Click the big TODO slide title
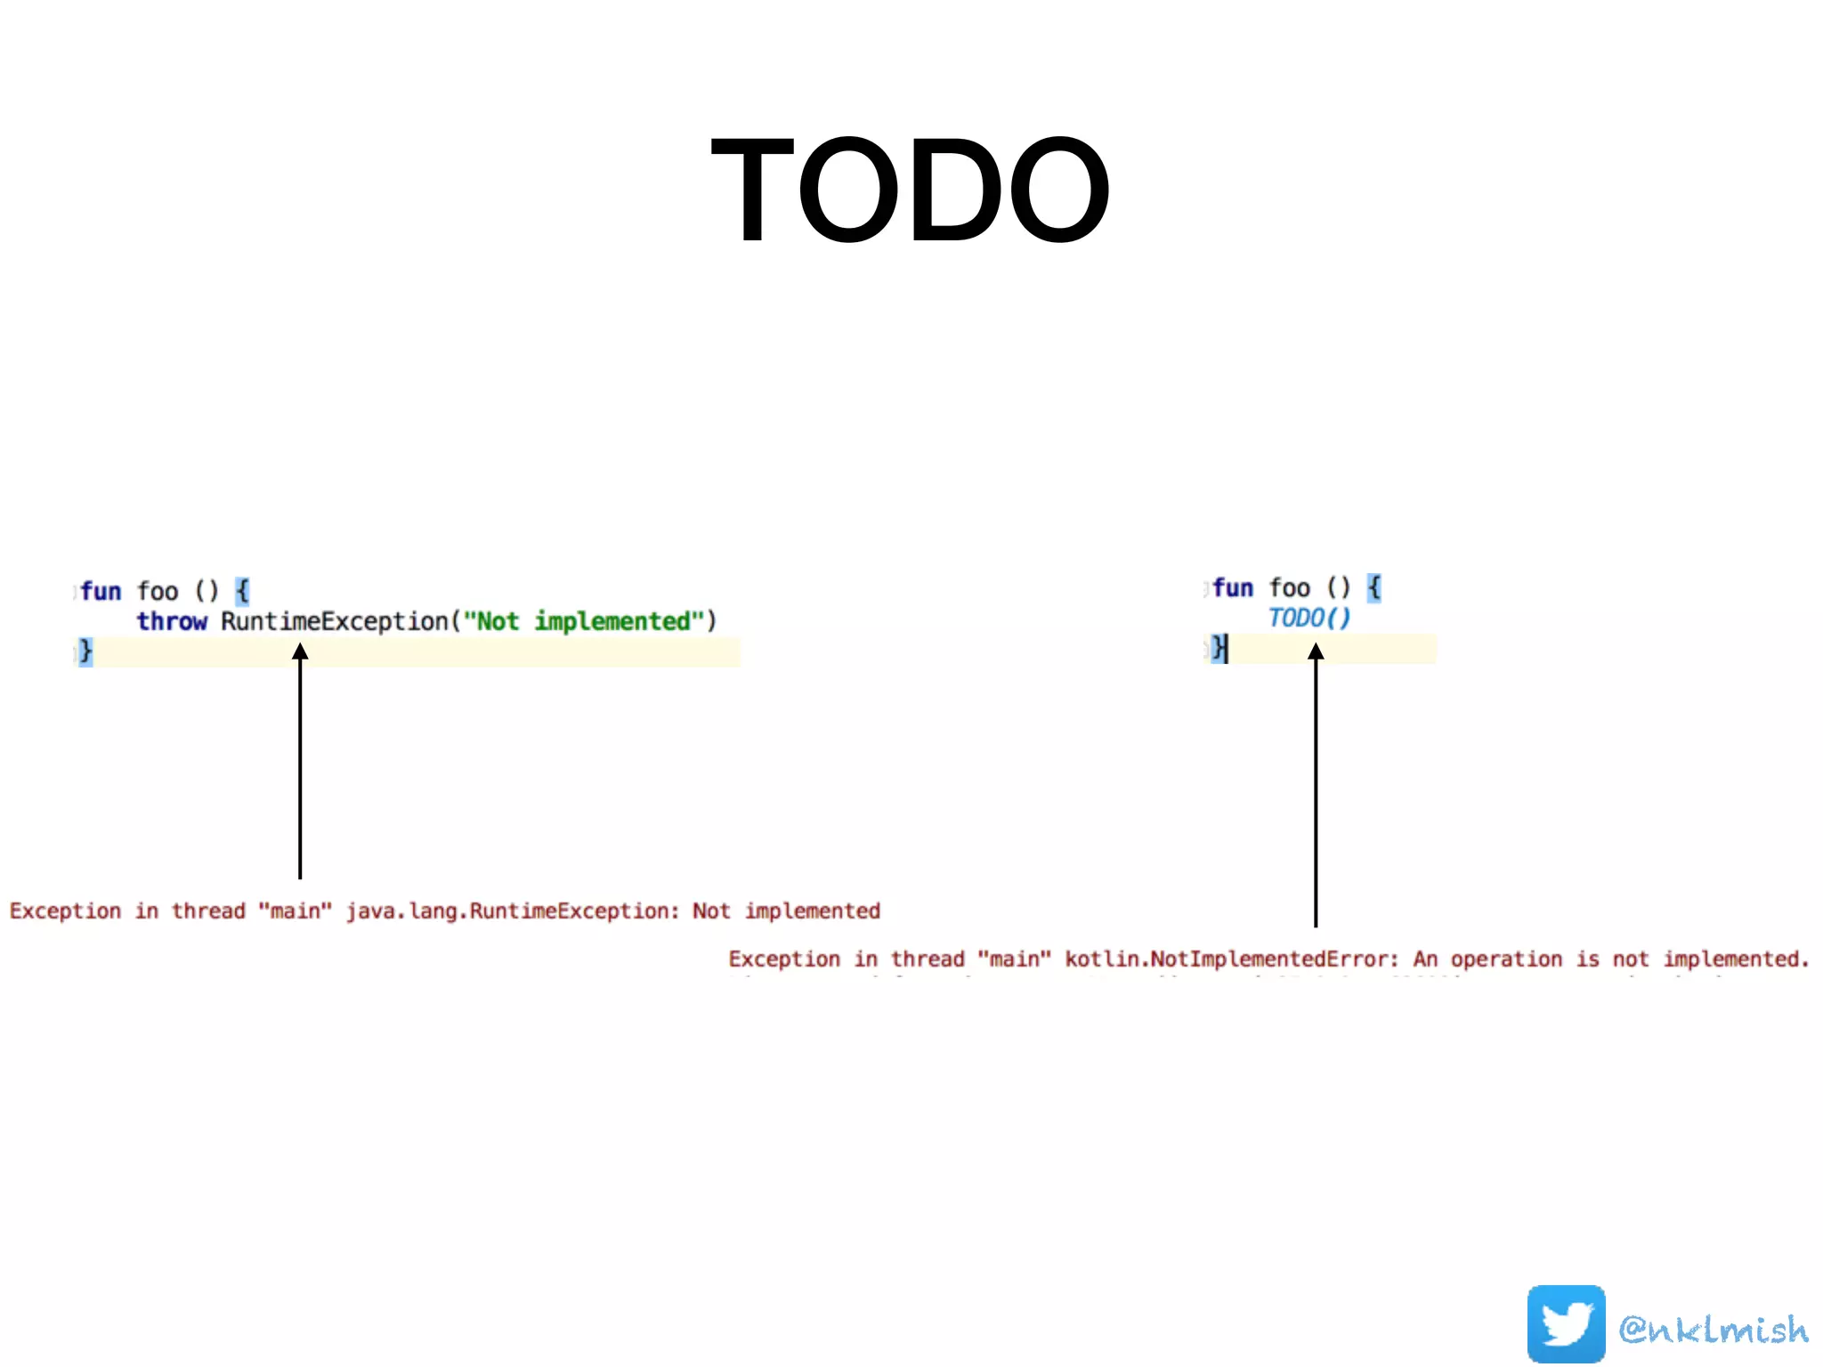tap(910, 189)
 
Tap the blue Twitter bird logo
tap(1566, 1323)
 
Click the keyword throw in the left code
tap(172, 621)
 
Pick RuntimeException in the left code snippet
tap(335, 621)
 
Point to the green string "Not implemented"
tap(584, 621)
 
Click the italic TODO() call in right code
tap(1309, 618)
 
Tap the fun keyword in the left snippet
tap(101, 591)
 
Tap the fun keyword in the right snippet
tap(1233, 587)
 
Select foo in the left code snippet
tap(158, 591)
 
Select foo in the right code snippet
tap(1289, 587)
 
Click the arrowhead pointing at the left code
tap(300, 652)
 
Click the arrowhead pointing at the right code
tap(1316, 652)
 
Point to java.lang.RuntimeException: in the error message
tap(513, 911)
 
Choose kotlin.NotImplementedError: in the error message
tap(1232, 959)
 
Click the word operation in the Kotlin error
tap(1506, 959)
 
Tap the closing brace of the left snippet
tap(85, 651)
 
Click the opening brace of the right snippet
tap(1374, 587)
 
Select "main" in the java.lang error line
tap(295, 911)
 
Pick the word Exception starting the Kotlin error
tap(784, 959)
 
